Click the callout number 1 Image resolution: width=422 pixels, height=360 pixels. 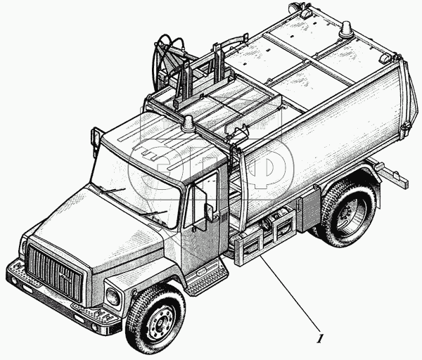[x=319, y=339]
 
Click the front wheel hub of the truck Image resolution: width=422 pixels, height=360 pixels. [x=161, y=321]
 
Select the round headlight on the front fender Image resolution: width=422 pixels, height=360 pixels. [x=113, y=297]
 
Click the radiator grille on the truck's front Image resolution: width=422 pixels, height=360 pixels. [x=54, y=273]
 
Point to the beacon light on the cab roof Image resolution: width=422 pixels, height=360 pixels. [x=188, y=124]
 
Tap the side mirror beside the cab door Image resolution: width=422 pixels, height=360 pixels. [x=209, y=212]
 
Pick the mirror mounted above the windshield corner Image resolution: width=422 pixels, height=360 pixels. [x=94, y=136]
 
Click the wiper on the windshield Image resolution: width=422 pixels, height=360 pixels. [x=112, y=191]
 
